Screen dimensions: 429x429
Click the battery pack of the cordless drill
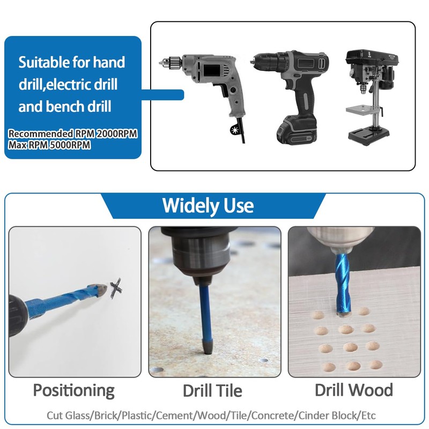pyautogui.click(x=292, y=131)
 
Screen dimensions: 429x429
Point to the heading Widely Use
pyautogui.click(x=208, y=205)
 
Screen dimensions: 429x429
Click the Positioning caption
pyautogui.click(x=74, y=390)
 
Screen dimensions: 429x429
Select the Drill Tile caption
pyautogui.click(x=212, y=390)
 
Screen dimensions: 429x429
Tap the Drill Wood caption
pyautogui.click(x=354, y=389)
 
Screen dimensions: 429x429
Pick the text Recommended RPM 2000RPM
pyautogui.click(x=72, y=133)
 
